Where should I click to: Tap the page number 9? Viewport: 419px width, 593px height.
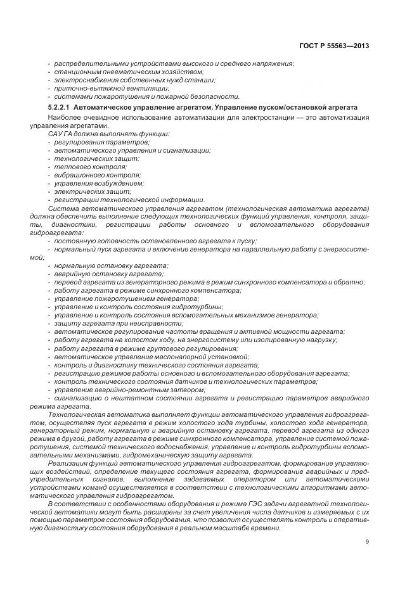tap(368, 541)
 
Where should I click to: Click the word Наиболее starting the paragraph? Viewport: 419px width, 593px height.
tap(63, 118)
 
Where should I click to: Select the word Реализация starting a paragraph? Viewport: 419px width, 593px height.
tap(67, 464)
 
